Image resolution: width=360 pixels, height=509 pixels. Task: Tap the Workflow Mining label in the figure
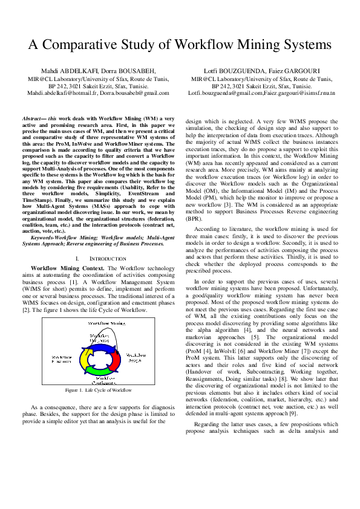106,323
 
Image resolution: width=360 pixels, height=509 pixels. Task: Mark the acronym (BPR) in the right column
195,218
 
